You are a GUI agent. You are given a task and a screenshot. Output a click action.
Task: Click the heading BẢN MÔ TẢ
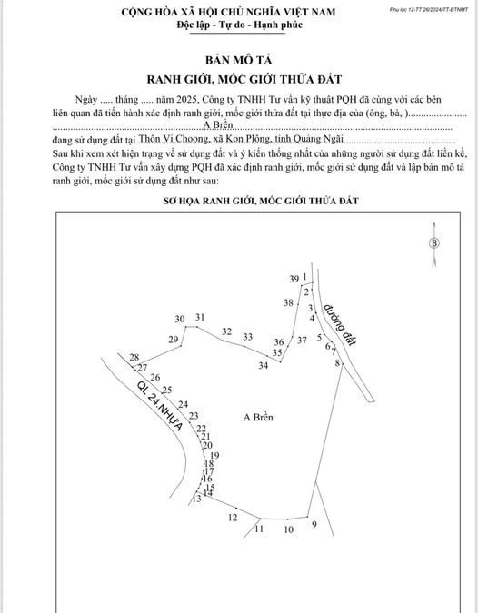239,59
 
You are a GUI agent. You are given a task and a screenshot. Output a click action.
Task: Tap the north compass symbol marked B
434,242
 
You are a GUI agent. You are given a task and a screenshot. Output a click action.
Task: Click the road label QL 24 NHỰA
160,404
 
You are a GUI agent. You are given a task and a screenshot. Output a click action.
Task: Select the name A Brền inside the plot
259,417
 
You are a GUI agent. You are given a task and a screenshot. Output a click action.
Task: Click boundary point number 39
294,278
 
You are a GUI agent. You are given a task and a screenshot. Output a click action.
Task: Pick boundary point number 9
314,525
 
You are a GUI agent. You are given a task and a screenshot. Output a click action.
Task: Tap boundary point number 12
233,517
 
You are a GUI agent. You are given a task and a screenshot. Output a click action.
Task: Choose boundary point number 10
289,529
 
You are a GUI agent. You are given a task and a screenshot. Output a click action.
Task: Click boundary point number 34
263,365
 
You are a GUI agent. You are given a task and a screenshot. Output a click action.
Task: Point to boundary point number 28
134,357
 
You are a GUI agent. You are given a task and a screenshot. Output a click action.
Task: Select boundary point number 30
180,318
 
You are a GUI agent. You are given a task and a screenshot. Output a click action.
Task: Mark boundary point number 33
247,337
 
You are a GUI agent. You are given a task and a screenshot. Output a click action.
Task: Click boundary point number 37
302,341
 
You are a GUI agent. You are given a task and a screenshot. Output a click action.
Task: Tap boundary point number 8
337,363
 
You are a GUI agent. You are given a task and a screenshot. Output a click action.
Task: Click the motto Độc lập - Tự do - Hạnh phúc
239,24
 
